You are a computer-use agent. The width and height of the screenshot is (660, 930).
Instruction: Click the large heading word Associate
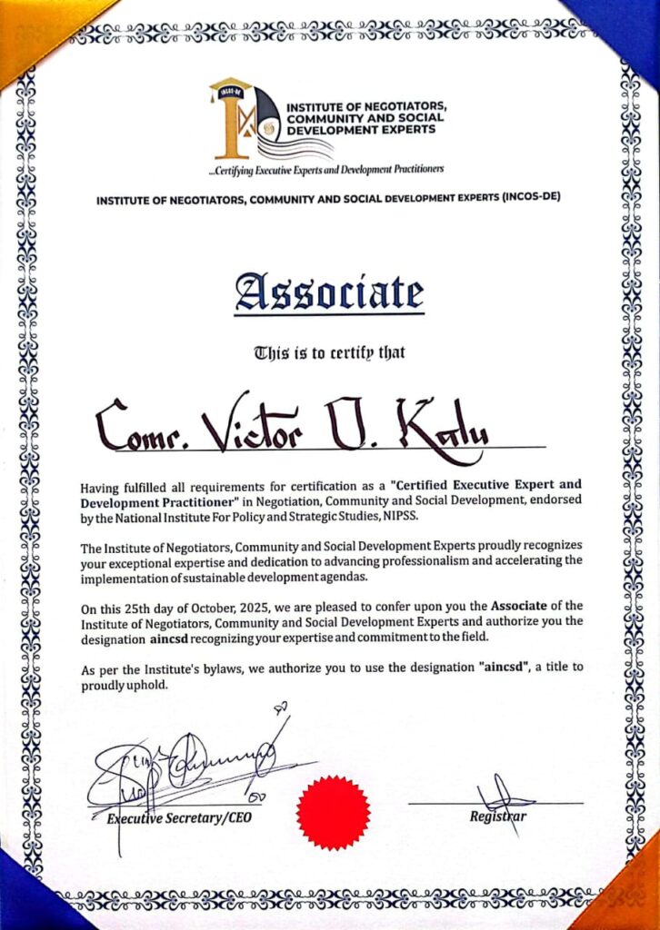329,293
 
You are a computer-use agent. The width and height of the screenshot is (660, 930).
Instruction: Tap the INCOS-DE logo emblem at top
243,119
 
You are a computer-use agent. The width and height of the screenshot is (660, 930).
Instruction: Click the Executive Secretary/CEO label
178,818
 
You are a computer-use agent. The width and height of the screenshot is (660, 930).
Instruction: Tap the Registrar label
498,816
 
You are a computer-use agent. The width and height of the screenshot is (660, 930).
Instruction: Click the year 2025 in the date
257,606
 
